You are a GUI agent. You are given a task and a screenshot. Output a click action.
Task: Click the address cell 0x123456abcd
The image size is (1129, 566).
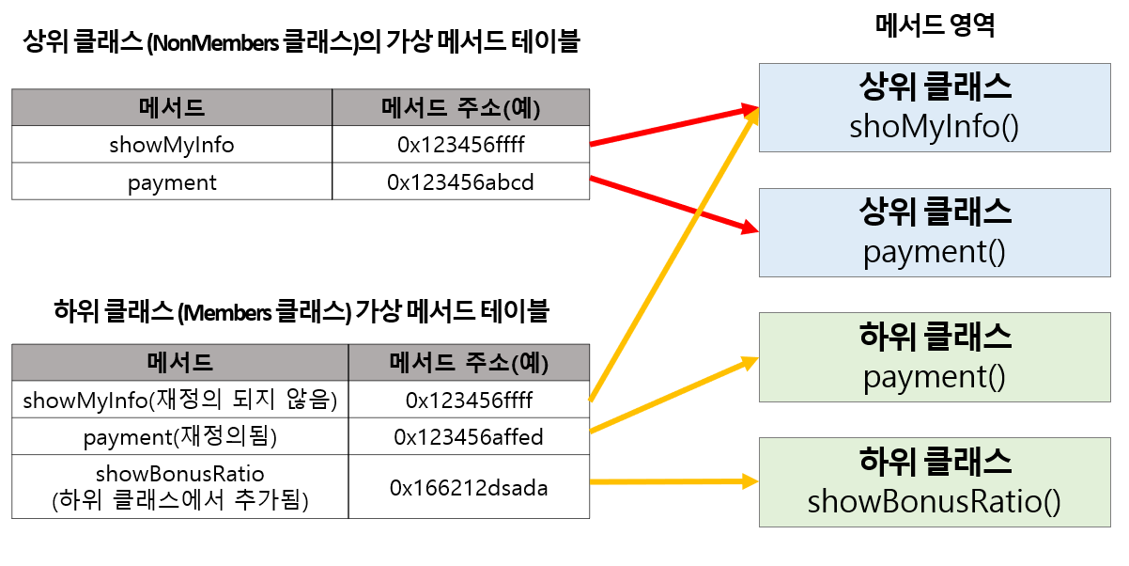point(460,182)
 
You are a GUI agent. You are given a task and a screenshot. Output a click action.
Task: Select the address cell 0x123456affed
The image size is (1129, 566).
point(469,437)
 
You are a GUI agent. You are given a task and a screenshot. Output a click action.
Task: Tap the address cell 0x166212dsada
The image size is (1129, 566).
point(469,488)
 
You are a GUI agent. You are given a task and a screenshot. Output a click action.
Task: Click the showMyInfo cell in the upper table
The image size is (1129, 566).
point(172,145)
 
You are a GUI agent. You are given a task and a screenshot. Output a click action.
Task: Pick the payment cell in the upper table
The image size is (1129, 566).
point(172,182)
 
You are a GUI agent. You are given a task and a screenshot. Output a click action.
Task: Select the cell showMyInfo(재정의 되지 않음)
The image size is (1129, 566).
point(179,401)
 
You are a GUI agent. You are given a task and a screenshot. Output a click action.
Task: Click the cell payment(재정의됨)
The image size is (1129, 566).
point(179,437)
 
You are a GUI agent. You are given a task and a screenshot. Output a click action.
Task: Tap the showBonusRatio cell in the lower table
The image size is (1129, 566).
point(179,487)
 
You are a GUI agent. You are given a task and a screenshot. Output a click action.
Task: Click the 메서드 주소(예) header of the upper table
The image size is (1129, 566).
point(460,107)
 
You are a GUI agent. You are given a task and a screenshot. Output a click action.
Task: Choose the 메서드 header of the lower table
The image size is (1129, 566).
point(179,362)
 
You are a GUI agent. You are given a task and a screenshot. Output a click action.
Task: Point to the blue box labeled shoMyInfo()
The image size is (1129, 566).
point(934,107)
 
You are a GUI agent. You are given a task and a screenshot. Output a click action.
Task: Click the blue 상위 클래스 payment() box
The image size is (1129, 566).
point(934,231)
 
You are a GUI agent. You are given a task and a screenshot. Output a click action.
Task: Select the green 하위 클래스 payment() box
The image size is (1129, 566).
point(934,356)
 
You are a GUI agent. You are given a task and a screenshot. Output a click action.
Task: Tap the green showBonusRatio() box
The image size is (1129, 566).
point(934,481)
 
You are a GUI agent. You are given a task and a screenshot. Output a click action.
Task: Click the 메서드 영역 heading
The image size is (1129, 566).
point(934,25)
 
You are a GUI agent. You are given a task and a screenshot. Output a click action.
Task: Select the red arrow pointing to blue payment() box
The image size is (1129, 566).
point(672,202)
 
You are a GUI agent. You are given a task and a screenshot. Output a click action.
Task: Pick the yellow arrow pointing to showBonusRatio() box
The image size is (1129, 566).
point(672,482)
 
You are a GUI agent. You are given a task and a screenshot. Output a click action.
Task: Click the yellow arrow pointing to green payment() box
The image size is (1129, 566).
point(672,395)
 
